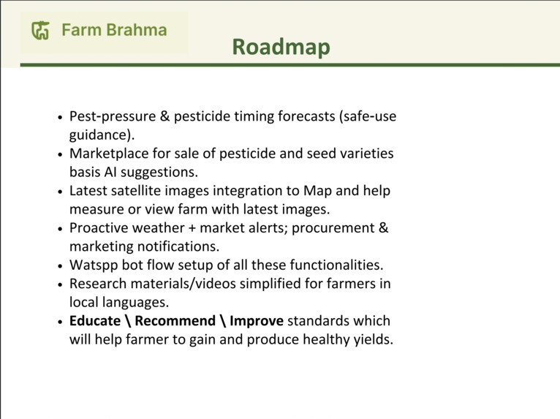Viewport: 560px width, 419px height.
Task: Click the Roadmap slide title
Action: click(x=281, y=47)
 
